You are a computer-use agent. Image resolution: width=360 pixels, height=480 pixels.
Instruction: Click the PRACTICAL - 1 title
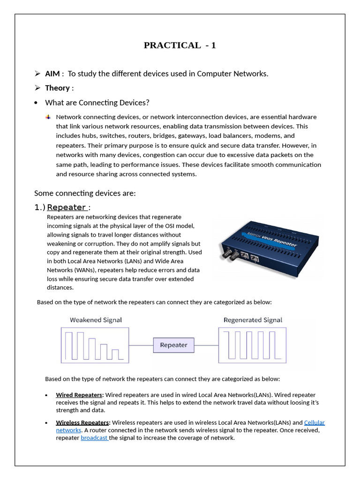click(x=180, y=45)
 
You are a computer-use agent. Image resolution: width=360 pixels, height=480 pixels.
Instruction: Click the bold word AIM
click(x=52, y=74)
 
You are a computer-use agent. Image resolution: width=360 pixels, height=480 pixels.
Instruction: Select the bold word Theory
click(x=57, y=88)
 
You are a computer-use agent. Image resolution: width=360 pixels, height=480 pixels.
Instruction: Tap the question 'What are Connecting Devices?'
click(x=97, y=103)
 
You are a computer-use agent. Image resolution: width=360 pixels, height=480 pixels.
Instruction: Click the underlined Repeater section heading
click(x=67, y=207)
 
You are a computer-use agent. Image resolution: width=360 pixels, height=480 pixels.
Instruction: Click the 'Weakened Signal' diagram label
click(x=96, y=320)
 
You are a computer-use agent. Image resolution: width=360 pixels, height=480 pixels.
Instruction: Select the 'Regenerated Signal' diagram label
click(x=253, y=320)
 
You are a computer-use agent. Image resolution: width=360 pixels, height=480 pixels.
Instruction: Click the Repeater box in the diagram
click(x=173, y=345)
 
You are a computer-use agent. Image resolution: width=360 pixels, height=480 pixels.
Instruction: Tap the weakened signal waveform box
click(x=95, y=345)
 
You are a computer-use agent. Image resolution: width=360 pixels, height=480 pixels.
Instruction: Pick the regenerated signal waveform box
click(x=253, y=345)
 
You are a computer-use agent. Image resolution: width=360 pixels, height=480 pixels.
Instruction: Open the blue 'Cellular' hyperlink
click(x=314, y=423)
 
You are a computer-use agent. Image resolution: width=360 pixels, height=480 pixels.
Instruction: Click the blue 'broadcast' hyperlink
click(x=94, y=438)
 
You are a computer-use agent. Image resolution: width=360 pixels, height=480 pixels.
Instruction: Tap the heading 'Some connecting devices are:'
click(x=85, y=193)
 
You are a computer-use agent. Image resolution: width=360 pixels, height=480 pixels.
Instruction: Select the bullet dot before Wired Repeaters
click(x=46, y=395)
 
